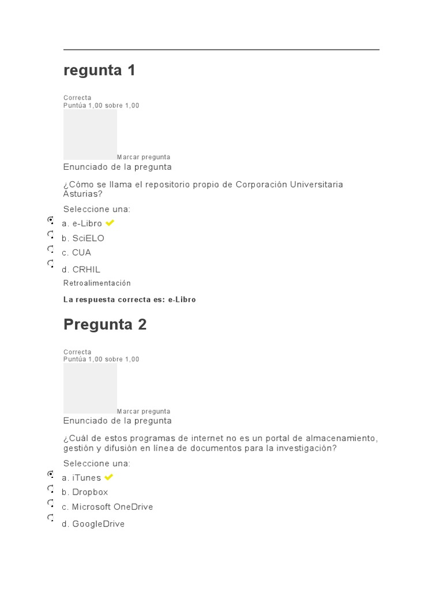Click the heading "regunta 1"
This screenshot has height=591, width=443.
99,70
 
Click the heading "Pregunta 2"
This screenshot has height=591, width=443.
105,324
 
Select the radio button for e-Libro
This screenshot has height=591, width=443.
50,220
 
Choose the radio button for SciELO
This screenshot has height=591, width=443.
50,234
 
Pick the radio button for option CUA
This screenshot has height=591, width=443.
50,249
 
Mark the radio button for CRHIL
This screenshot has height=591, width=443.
50,263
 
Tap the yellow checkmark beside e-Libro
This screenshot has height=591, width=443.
110,223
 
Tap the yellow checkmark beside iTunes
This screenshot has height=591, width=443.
108,477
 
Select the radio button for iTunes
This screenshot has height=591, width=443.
50,474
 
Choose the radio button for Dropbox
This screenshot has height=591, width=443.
50,489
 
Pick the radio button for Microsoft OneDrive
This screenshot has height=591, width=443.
50,503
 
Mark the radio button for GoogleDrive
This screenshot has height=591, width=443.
50,518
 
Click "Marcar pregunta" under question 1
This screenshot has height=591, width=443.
144,157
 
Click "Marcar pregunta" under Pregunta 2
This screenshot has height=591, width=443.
144,412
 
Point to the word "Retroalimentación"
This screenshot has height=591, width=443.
97,283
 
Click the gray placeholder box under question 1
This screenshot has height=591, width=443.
90,134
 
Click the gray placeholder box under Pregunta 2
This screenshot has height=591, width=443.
90,388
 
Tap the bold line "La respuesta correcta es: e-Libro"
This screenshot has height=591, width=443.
130,300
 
